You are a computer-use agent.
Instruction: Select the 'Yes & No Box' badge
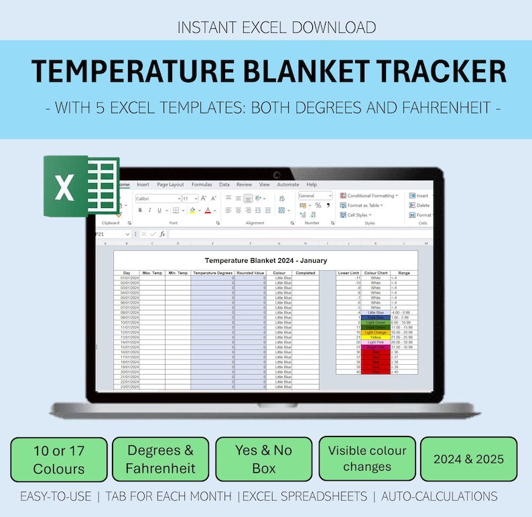click(263, 459)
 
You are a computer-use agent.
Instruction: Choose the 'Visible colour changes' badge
click(367, 459)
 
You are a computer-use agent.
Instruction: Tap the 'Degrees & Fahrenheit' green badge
click(160, 459)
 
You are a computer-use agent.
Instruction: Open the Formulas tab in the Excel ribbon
click(202, 184)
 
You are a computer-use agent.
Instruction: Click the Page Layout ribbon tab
click(170, 184)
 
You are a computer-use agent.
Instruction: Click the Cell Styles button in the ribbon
click(356, 215)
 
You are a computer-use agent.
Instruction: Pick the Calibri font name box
click(157, 198)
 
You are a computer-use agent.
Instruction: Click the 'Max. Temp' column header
click(153, 273)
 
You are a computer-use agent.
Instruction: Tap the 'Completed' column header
click(306, 273)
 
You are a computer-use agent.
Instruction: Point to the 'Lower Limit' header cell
click(349, 273)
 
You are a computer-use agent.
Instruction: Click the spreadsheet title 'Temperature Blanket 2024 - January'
click(266, 260)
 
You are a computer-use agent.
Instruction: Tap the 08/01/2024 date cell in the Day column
click(127, 312)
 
